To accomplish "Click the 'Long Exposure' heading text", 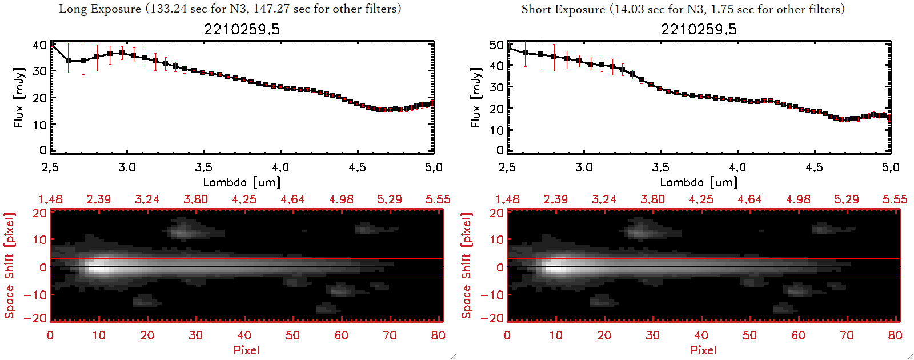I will click(100, 9).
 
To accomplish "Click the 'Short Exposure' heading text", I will click(563, 9).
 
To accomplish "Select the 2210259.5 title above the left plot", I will click(242, 29).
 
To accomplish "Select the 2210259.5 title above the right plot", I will click(699, 29).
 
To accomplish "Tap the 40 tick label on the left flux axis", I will click(39, 45).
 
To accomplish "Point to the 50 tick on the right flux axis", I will click(496, 45).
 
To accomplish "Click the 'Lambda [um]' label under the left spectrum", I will click(242, 182).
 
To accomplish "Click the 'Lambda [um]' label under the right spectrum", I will click(699, 182).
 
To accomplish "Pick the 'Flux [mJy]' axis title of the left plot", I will click(19, 97).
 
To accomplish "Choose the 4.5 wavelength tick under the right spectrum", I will click(814, 167).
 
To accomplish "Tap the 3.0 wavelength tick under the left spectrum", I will click(127, 167).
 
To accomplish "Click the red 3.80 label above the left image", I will click(195, 199).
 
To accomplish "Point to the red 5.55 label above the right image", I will click(895, 199).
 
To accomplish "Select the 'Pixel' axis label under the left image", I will click(246, 350).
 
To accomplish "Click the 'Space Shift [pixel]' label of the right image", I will click(467, 266).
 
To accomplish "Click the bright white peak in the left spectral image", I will click(98, 266).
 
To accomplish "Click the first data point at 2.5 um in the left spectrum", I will click(52, 43).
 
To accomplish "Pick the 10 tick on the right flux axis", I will click(496, 130).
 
